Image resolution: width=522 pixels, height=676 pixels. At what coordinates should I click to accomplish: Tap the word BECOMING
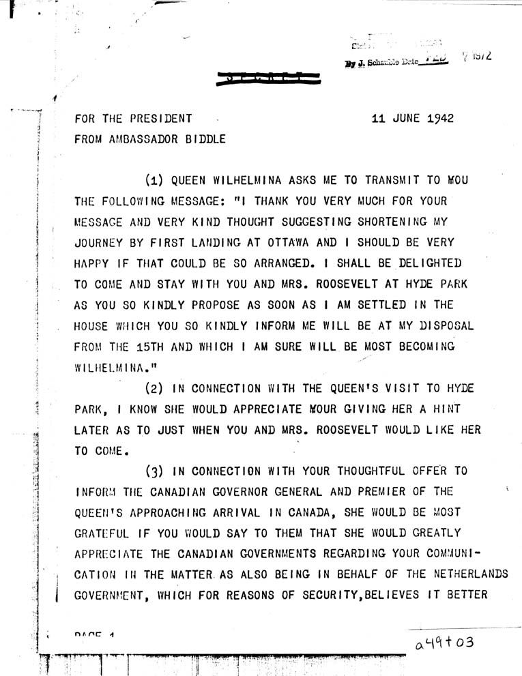click(x=421, y=346)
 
